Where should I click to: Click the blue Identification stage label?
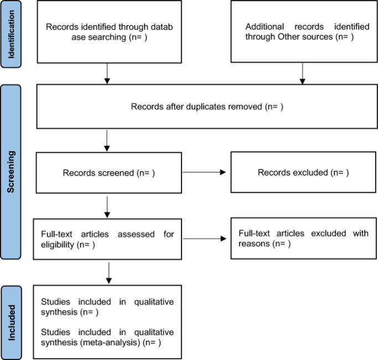pyautogui.click(x=11, y=34)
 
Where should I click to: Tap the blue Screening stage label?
pyautogui.click(x=11, y=172)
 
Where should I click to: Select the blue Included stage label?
pyautogui.click(x=11, y=322)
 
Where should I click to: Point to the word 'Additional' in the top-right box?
pyautogui.click(x=265, y=27)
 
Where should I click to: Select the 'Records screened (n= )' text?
pyautogui.click(x=108, y=173)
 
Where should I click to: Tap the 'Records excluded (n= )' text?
pyautogui.click(x=303, y=172)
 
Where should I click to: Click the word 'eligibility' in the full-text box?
pyautogui.click(x=58, y=245)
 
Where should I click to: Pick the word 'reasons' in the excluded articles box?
pyautogui.click(x=254, y=244)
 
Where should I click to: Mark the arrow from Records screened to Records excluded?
pyautogui.click(x=204, y=172)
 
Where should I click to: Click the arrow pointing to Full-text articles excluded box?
pyautogui.click(x=205, y=239)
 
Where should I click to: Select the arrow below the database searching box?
pyautogui.click(x=107, y=74)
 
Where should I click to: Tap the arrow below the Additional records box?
pyautogui.click(x=303, y=74)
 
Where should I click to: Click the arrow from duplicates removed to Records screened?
pyautogui.click(x=107, y=141)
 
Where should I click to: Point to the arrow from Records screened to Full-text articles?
pyautogui.click(x=107, y=207)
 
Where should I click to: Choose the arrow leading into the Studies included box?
pyautogui.click(x=109, y=273)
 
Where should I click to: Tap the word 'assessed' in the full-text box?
pyautogui.click(x=136, y=234)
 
